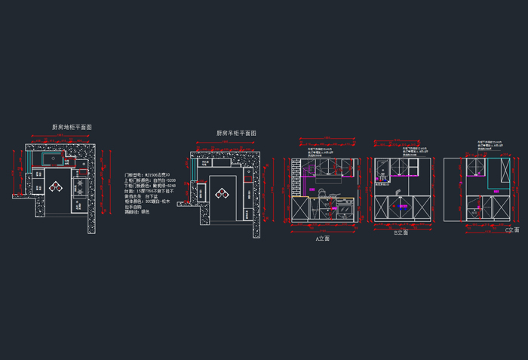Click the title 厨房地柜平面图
pyautogui.click(x=72, y=128)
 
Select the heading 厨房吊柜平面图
pyautogui.click(x=236, y=133)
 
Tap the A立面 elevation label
pyautogui.click(x=322, y=238)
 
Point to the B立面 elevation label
pyautogui.click(x=400, y=233)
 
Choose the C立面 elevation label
pyautogui.click(x=511, y=229)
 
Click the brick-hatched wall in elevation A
pyautogui.click(x=296, y=178)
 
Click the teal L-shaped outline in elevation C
pyautogui.click(x=498, y=174)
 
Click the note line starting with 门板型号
pyautogui.click(x=148, y=174)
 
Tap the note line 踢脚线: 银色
pyautogui.click(x=137, y=211)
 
